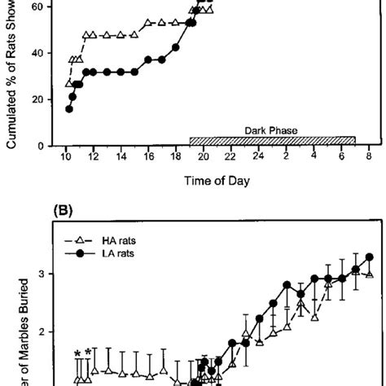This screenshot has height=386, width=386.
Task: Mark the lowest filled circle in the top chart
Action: click(69, 108)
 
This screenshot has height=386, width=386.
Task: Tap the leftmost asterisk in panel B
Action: click(77, 353)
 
